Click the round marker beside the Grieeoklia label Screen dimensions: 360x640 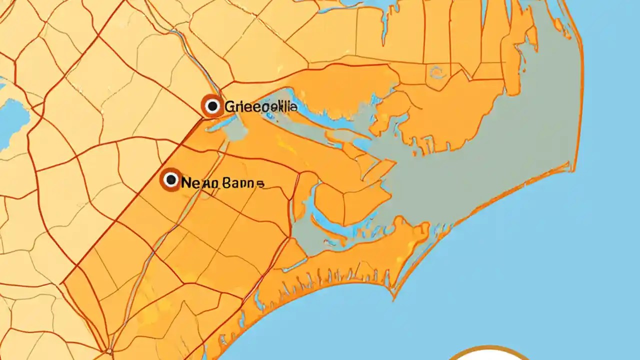coord(212,106)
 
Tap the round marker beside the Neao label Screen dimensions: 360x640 coord(171,179)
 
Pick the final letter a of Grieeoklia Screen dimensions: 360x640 coord(294,107)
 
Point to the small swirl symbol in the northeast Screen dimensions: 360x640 coord(437,74)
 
